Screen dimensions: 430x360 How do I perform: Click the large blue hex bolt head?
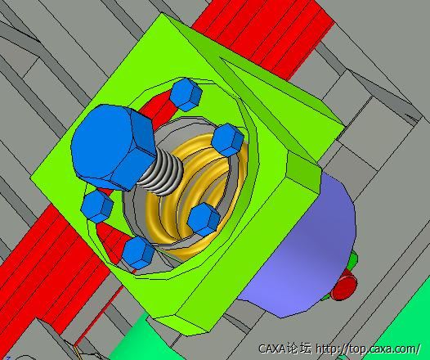click(x=113, y=146)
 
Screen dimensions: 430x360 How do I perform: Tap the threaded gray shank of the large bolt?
click(x=161, y=173)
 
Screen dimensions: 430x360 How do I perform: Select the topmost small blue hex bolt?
click(x=186, y=94)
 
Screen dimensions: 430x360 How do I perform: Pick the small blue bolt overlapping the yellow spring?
click(x=204, y=219)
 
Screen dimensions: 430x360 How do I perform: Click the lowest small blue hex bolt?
click(x=138, y=253)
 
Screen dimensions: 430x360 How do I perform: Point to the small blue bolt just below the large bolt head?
click(x=96, y=206)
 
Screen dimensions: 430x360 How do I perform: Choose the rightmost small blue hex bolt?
click(x=227, y=140)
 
